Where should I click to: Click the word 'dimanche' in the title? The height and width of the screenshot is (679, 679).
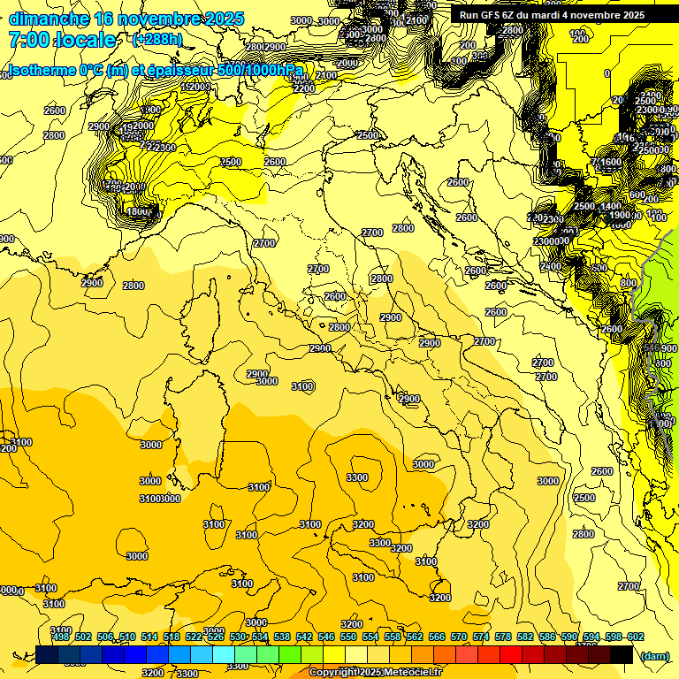(x=49, y=19)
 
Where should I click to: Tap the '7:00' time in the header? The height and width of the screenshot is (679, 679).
(x=27, y=40)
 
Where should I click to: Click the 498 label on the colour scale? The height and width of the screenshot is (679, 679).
(x=60, y=637)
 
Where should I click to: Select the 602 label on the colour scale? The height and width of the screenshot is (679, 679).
(x=635, y=637)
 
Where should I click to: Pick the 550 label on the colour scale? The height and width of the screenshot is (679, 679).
(x=347, y=637)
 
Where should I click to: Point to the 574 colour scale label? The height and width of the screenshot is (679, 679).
(x=480, y=637)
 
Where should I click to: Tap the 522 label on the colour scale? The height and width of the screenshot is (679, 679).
(x=193, y=637)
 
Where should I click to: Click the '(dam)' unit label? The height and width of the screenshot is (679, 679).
(x=654, y=655)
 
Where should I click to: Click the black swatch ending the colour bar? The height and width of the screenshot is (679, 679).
(x=622, y=655)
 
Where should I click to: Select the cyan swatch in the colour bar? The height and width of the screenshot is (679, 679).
(x=224, y=655)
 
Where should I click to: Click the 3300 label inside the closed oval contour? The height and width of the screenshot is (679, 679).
(x=356, y=477)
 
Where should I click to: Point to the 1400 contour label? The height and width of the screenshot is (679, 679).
(x=611, y=206)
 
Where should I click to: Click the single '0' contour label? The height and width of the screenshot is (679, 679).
(x=607, y=73)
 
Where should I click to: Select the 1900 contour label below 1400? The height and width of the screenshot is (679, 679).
(x=619, y=216)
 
